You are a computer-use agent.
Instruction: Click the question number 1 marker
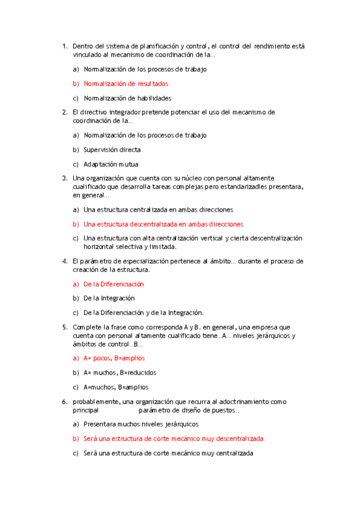[x=64, y=46]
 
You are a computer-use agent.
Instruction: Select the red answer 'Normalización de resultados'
[x=126, y=84]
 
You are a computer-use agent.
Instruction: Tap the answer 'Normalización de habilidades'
[x=127, y=98]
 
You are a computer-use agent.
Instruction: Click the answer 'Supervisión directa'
[x=112, y=150]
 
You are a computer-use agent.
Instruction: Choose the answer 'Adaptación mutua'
[x=111, y=164]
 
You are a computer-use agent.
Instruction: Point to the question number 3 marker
[x=64, y=178]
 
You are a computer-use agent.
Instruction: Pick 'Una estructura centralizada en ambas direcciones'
[x=158, y=209]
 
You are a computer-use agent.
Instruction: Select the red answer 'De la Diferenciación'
[x=114, y=284]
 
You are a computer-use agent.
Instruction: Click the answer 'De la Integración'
[x=109, y=298]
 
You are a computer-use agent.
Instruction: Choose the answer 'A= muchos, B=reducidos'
[x=120, y=373]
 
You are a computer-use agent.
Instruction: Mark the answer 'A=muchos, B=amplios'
[x=116, y=387]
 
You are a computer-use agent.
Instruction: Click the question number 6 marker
[x=64, y=401]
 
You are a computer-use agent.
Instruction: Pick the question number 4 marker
[x=64, y=261]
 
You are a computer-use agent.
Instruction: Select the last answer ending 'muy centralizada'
[x=168, y=453]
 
